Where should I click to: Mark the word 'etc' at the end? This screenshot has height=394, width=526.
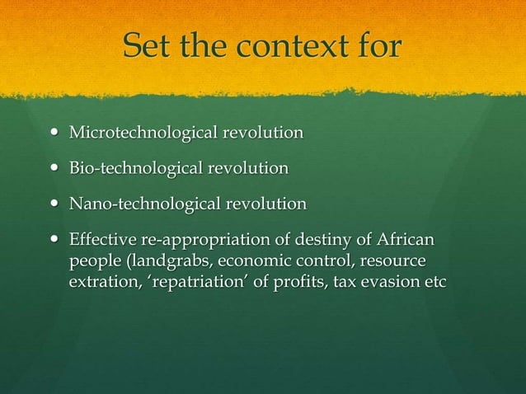pyautogui.click(x=434, y=282)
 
